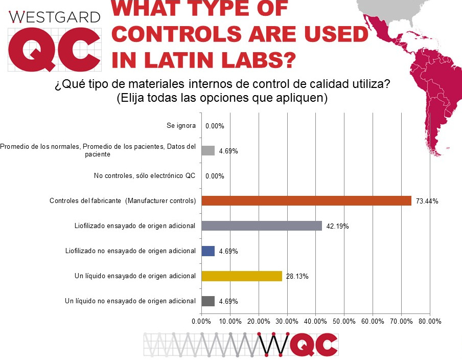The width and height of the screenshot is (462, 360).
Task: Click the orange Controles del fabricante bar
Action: (x=306, y=201)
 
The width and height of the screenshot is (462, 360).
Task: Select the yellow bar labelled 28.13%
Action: (x=242, y=276)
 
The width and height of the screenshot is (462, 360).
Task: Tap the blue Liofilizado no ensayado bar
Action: (x=208, y=251)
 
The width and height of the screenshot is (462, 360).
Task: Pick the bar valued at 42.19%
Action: (x=262, y=226)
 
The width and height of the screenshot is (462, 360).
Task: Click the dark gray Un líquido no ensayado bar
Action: (x=208, y=301)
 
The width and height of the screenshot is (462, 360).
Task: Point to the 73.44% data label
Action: (x=427, y=201)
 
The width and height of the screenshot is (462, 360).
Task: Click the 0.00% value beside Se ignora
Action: (x=215, y=126)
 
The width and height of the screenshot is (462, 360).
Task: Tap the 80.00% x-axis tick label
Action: (x=429, y=321)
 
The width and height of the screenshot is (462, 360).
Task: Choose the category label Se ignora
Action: (x=181, y=125)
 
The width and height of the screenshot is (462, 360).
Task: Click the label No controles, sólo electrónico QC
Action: (x=145, y=176)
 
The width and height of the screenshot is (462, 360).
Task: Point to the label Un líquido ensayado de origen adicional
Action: (x=135, y=276)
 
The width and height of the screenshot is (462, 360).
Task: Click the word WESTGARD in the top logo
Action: (x=55, y=17)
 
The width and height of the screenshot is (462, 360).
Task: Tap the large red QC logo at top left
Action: (x=54, y=50)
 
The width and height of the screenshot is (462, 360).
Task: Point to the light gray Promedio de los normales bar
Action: (x=208, y=150)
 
